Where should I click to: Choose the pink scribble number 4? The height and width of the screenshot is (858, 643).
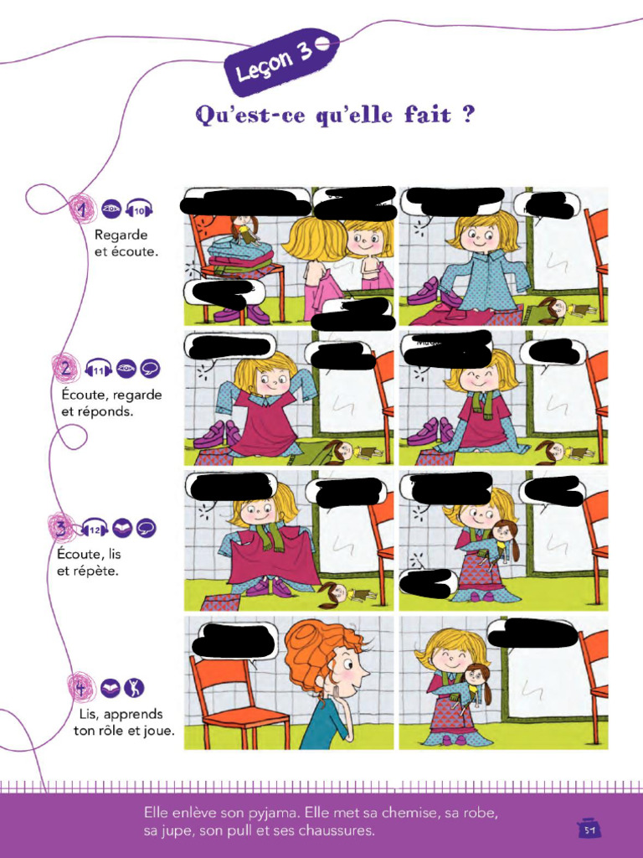point(80,688)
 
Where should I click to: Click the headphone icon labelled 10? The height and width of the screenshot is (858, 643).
point(139,209)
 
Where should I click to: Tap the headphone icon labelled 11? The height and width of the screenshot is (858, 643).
point(98,369)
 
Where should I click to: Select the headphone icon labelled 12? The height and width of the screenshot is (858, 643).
point(95,529)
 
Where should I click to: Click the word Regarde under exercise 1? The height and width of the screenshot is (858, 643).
point(121,235)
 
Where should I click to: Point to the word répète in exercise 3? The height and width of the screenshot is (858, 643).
point(96,571)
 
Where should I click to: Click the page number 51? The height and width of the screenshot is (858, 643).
point(589,829)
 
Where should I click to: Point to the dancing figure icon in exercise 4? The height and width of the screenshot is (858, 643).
point(134,688)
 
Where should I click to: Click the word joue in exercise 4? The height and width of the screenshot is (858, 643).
point(158,731)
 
